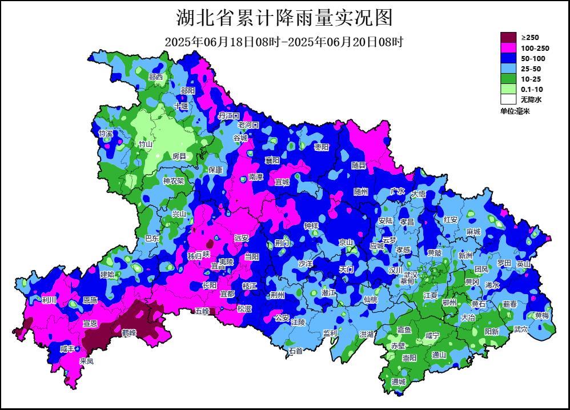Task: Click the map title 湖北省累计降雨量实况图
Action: (x=284, y=18)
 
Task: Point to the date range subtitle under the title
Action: (x=284, y=42)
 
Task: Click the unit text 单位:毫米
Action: (x=515, y=111)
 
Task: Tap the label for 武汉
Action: (x=410, y=275)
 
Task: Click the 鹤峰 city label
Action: (x=129, y=332)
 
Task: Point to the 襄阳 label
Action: (x=272, y=160)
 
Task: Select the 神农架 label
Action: (x=174, y=181)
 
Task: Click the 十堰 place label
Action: (x=181, y=106)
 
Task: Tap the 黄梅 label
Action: (x=541, y=316)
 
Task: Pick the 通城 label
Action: (x=398, y=382)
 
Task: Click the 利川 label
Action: (x=49, y=300)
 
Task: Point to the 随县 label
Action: (x=359, y=165)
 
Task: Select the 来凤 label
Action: (x=86, y=361)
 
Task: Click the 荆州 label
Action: (x=278, y=295)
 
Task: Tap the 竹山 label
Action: (x=145, y=144)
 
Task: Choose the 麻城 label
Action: (x=473, y=232)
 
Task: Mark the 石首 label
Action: (x=295, y=351)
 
